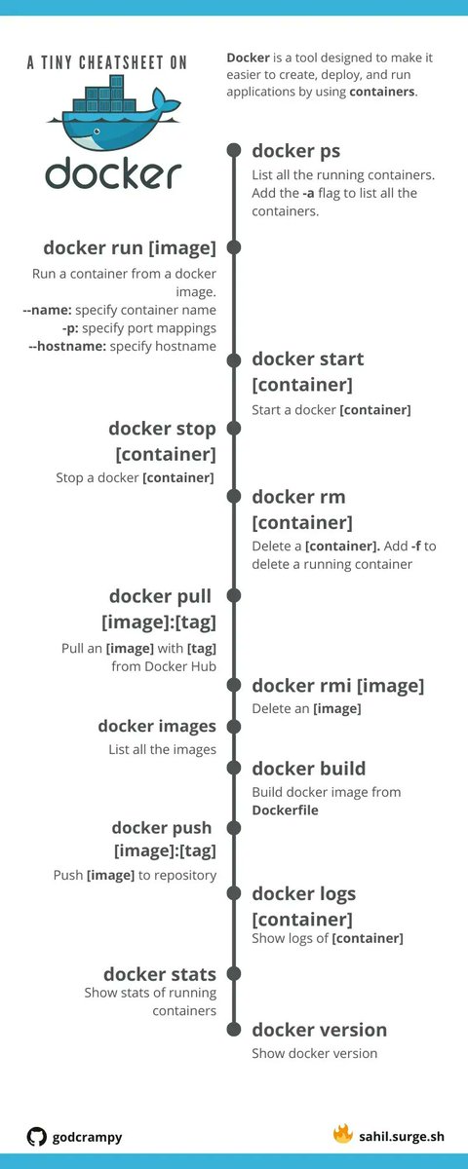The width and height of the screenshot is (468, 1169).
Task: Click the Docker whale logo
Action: [112, 115]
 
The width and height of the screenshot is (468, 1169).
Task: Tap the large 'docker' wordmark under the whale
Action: [112, 172]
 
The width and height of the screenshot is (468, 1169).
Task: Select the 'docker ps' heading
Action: [295, 150]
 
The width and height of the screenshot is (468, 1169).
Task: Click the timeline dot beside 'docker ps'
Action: [234, 150]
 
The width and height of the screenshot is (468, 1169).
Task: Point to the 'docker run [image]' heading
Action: [129, 247]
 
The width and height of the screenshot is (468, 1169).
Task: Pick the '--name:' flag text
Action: [47, 310]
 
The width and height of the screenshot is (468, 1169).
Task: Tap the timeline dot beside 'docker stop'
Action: [234, 429]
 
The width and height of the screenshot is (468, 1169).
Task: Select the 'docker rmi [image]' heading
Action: [337, 686]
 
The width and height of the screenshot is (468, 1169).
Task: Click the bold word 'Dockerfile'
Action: [285, 810]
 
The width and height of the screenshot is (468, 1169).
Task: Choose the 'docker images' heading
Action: [157, 726]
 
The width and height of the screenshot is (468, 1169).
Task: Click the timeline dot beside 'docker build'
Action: [234, 769]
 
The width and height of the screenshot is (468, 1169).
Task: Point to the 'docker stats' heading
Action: [160, 974]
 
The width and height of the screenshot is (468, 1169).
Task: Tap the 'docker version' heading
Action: [319, 1030]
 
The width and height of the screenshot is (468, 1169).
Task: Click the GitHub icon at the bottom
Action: [37, 1136]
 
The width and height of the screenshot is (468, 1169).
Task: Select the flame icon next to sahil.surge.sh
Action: [342, 1134]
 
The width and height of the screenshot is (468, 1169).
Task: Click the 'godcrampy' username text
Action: [87, 1137]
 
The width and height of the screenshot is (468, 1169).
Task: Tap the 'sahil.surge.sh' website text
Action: [402, 1136]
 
